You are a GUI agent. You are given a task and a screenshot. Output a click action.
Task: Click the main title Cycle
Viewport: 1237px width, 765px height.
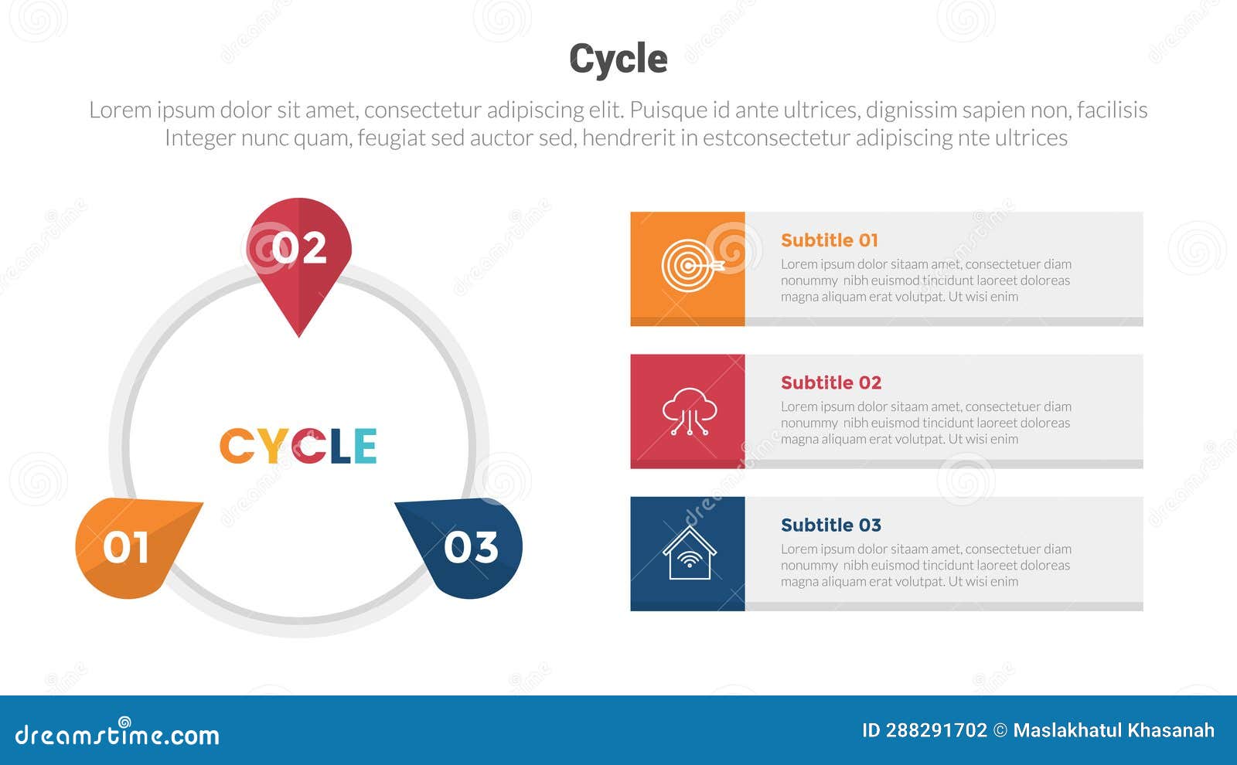pos(618,59)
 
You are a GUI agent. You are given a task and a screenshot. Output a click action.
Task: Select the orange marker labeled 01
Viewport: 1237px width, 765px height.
pos(128,547)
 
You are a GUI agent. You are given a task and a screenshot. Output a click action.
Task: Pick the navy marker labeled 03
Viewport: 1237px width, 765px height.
pos(469,547)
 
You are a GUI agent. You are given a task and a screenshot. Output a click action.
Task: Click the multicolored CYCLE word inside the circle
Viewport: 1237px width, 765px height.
pos(298,446)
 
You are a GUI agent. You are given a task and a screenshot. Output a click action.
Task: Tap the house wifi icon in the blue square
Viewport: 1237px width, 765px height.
pos(689,553)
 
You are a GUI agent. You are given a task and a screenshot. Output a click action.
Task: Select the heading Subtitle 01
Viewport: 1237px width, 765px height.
pos(829,240)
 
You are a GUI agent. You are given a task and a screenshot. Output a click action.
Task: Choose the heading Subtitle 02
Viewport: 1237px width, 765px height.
pos(830,382)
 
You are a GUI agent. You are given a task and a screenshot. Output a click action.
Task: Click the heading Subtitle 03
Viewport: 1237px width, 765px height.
pos(830,525)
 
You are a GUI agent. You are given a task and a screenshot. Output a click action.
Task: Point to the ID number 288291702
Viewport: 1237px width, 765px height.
pos(935,730)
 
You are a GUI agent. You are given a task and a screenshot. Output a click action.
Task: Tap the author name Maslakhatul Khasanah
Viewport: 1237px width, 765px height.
pos(1113,730)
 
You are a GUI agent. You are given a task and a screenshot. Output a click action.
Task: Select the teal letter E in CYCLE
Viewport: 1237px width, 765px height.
pos(365,446)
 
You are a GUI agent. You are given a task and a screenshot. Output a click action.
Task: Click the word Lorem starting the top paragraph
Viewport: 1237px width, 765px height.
pos(120,110)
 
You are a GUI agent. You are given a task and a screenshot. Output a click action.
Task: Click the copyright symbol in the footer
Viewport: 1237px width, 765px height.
pos(1000,730)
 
